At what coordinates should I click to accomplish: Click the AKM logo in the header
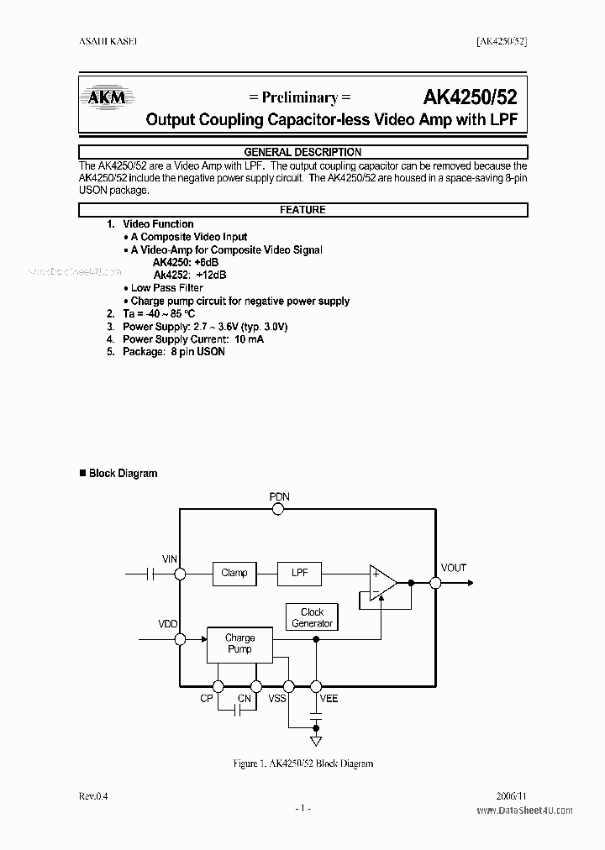[107, 97]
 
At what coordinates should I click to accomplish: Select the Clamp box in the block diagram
[234, 574]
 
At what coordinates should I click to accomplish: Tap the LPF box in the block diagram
[300, 574]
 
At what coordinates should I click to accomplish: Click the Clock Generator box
[312, 617]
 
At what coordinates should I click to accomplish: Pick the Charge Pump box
[239, 643]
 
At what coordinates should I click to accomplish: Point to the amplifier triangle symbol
[383, 582]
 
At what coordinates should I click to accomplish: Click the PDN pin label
[280, 496]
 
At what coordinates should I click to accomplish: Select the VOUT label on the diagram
[453, 568]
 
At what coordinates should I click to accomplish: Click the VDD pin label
[168, 625]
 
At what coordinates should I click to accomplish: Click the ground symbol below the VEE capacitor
[316, 742]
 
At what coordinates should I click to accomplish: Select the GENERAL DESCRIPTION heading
[302, 152]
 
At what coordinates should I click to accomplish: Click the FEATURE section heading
[302, 210]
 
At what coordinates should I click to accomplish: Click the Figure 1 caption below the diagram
[302, 763]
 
